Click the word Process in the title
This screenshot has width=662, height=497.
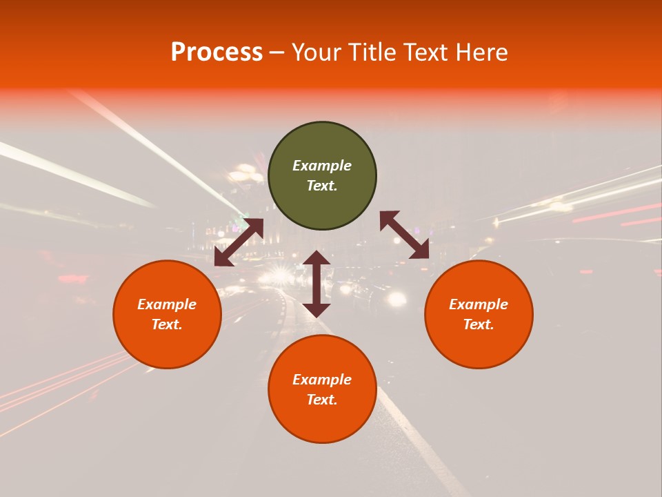217,52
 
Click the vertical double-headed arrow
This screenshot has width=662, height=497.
317,284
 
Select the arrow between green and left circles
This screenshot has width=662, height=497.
239,242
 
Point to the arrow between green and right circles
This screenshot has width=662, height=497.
405,235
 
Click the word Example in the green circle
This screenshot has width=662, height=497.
322,166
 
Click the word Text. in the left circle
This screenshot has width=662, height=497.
167,324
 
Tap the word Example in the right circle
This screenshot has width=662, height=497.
479,304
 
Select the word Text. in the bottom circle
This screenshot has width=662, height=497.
322,400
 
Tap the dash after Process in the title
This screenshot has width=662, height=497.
277,52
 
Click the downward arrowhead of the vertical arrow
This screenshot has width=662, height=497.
317,309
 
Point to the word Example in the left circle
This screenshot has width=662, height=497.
167,304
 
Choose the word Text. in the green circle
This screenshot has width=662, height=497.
322,186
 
